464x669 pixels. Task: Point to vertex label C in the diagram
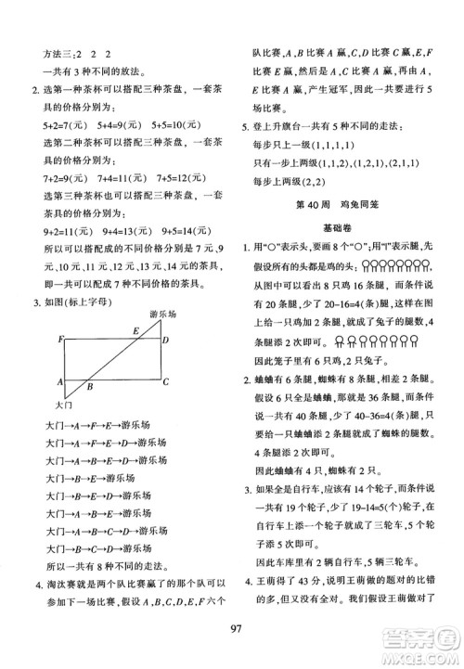[x=164, y=381]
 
